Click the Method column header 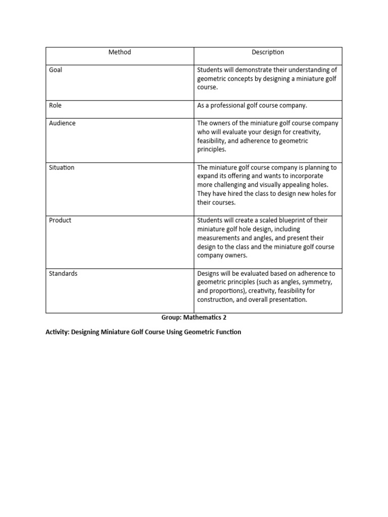click(x=119, y=53)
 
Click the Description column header click(x=268, y=53)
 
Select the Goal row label click(x=56, y=70)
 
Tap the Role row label click(x=55, y=106)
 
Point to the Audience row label click(x=62, y=123)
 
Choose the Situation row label click(x=62, y=168)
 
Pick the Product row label click(x=60, y=221)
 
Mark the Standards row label click(x=63, y=274)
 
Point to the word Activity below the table click(x=57, y=332)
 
